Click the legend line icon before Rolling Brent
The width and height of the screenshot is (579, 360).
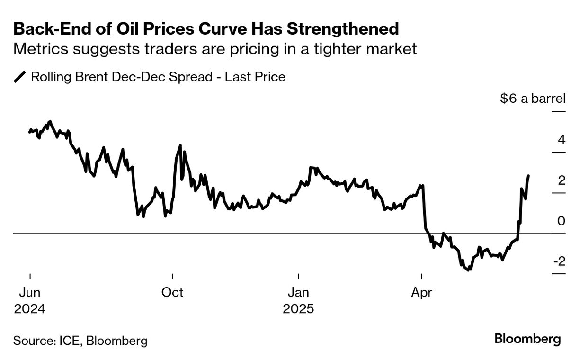[20, 77]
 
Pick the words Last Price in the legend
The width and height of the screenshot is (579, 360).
[255, 77]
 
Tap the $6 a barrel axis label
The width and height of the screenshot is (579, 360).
[533, 99]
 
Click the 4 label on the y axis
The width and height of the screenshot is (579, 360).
[561, 140]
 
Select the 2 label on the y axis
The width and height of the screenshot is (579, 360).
[561, 180]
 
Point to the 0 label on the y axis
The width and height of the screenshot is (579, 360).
[561, 221]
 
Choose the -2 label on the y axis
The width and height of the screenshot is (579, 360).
[559, 261]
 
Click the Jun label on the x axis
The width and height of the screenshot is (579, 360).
[30, 293]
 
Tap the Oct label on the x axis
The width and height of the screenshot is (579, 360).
[172, 293]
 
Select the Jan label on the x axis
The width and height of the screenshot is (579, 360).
[298, 293]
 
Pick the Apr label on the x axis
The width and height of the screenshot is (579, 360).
[421, 293]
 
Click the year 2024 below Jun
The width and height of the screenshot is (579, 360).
[30, 309]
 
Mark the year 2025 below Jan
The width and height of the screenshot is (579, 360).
[298, 309]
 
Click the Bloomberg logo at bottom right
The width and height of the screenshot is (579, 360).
[528, 339]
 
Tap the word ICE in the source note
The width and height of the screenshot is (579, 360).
[70, 341]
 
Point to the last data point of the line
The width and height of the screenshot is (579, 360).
[528, 176]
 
